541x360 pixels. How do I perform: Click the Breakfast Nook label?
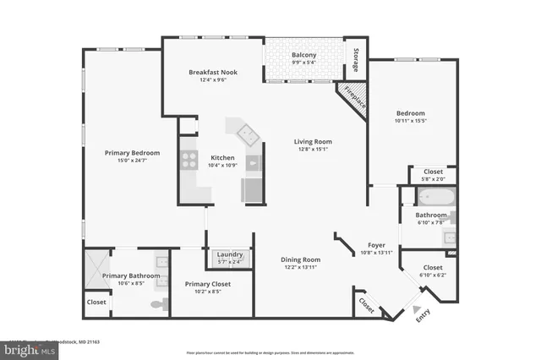(x=212, y=73)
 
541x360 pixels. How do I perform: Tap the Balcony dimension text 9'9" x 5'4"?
(x=303, y=63)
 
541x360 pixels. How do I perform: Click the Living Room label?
(x=313, y=142)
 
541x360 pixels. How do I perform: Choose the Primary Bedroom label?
(x=132, y=153)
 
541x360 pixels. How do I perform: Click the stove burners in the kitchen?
(x=188, y=161)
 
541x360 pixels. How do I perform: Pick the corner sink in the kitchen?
(x=247, y=132)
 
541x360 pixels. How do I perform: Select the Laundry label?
(x=230, y=254)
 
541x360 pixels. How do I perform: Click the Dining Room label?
(x=300, y=259)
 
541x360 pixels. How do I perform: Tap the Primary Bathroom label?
(x=126, y=275)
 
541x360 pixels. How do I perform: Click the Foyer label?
(x=376, y=245)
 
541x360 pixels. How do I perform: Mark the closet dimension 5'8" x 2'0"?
(x=433, y=179)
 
